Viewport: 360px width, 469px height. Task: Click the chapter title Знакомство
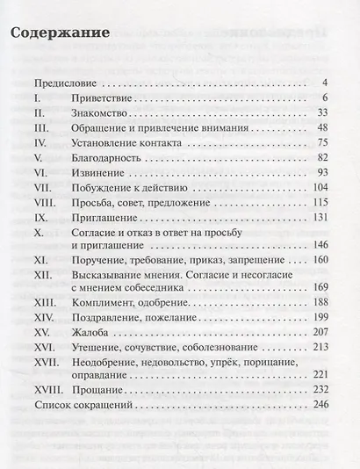102,113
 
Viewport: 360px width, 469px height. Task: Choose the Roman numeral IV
39,142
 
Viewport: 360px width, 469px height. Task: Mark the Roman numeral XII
40,278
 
